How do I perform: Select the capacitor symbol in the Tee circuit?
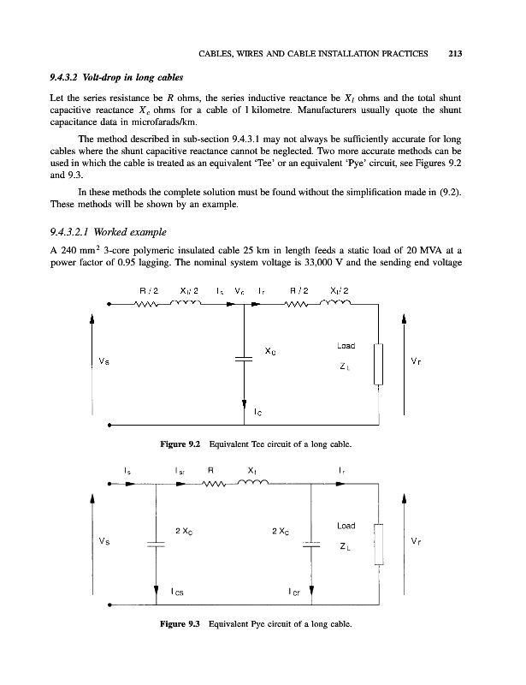[x=245, y=360]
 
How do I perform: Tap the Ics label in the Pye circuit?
[x=178, y=589]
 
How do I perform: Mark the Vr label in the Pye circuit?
[x=416, y=542]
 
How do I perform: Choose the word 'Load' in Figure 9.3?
[x=346, y=525]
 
